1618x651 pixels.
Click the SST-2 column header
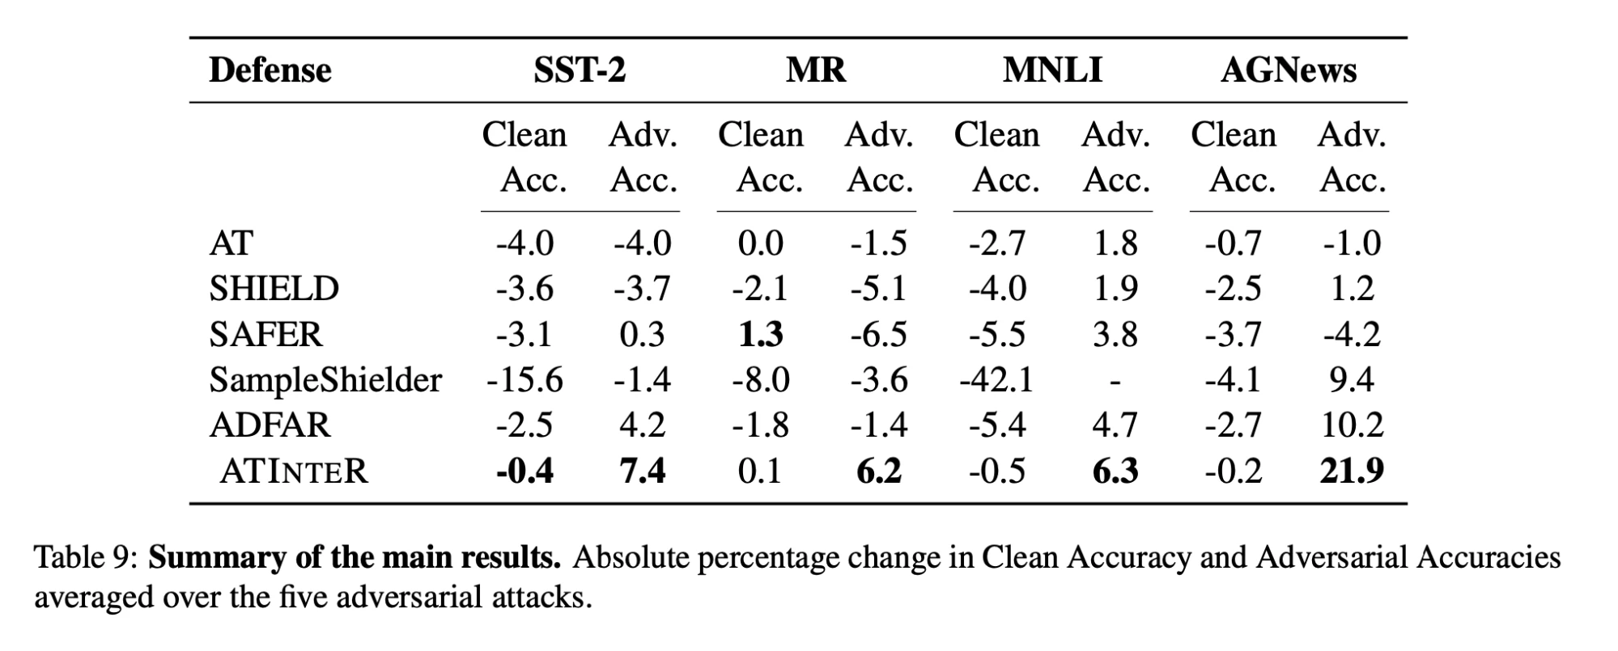[579, 70]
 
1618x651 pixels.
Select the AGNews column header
[1289, 70]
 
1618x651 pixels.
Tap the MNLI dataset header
[1052, 70]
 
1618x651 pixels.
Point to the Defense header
[270, 70]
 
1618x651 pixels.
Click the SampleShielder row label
[325, 380]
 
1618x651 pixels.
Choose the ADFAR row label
[270, 425]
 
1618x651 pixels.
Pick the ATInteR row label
[293, 471]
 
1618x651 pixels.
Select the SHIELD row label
[274, 289]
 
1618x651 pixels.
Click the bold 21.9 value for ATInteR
[1351, 471]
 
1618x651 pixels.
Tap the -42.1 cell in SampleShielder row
[996, 380]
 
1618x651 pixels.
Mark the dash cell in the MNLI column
[1115, 380]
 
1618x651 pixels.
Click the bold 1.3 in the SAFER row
[761, 335]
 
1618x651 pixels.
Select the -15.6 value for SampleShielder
[524, 380]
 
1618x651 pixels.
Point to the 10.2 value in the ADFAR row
[1351, 425]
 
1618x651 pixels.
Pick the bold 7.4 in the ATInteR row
[642, 471]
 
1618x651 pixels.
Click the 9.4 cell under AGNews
[1351, 380]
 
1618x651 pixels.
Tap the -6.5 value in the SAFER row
[878, 335]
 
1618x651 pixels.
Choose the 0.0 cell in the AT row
[761, 243]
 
